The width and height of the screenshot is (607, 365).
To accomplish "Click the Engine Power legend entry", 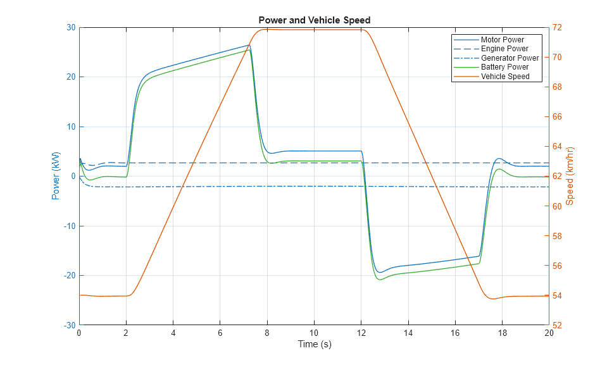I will [x=504, y=49].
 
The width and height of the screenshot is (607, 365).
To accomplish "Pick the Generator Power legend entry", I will [x=510, y=58].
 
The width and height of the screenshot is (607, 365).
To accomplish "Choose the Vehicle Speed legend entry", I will [x=505, y=77].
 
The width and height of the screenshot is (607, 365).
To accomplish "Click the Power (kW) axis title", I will [x=56, y=176].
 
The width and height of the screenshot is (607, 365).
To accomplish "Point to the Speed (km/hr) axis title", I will [x=570, y=176].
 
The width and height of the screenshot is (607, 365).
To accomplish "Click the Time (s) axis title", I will [x=314, y=345].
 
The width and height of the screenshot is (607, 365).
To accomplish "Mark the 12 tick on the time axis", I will [x=361, y=333].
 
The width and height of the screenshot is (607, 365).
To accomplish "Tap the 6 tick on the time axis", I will [x=220, y=333].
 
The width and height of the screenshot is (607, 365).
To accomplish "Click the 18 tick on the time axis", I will [x=502, y=333].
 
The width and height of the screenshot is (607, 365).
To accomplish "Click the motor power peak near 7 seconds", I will [x=249, y=46].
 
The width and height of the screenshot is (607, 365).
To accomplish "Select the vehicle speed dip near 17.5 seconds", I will [x=493, y=299].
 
